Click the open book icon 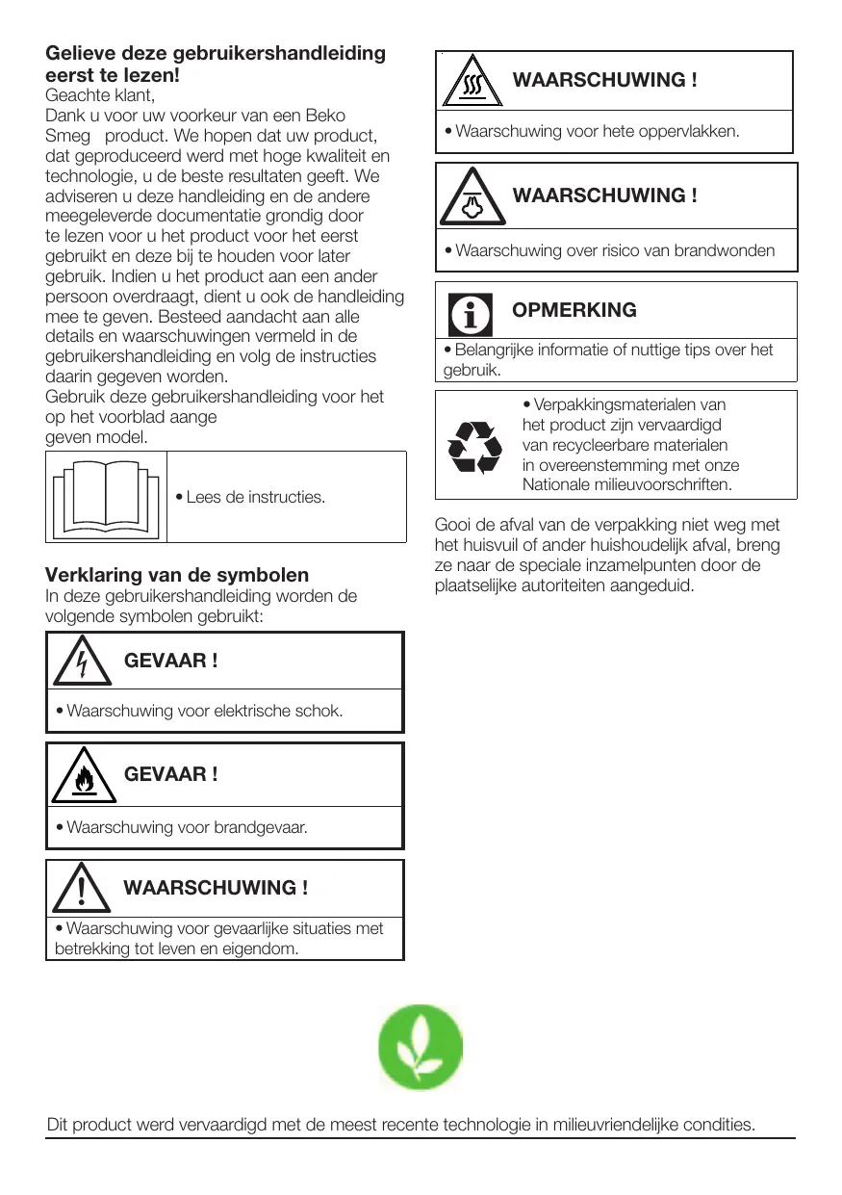106,497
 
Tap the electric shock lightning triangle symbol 81,662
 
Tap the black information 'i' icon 471,313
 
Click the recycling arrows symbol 475,446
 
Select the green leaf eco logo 419,1047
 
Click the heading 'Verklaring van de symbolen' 177,575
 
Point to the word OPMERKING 574,310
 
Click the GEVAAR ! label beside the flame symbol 170,774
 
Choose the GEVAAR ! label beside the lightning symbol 170,661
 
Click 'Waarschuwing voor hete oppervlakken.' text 597,131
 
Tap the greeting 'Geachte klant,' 100,95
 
